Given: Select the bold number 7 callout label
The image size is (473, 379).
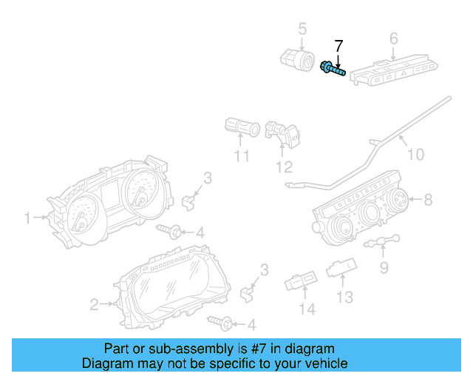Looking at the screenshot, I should [x=338, y=47].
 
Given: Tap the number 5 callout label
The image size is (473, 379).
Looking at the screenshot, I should [x=302, y=29].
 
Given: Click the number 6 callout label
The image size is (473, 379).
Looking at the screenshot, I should [x=393, y=38].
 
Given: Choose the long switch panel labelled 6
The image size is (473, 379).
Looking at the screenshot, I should [x=387, y=70].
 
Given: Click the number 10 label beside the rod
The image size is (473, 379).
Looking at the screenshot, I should [x=416, y=154].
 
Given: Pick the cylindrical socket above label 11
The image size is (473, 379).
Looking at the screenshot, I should [x=241, y=128].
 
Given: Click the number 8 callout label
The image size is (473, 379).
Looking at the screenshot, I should [x=428, y=199].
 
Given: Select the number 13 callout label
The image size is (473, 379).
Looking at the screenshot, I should [x=345, y=297].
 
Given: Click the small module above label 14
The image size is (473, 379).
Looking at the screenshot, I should [x=301, y=283].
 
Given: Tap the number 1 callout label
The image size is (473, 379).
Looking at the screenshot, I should [x=27, y=218].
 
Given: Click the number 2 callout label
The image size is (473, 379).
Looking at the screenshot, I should [x=94, y=303].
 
